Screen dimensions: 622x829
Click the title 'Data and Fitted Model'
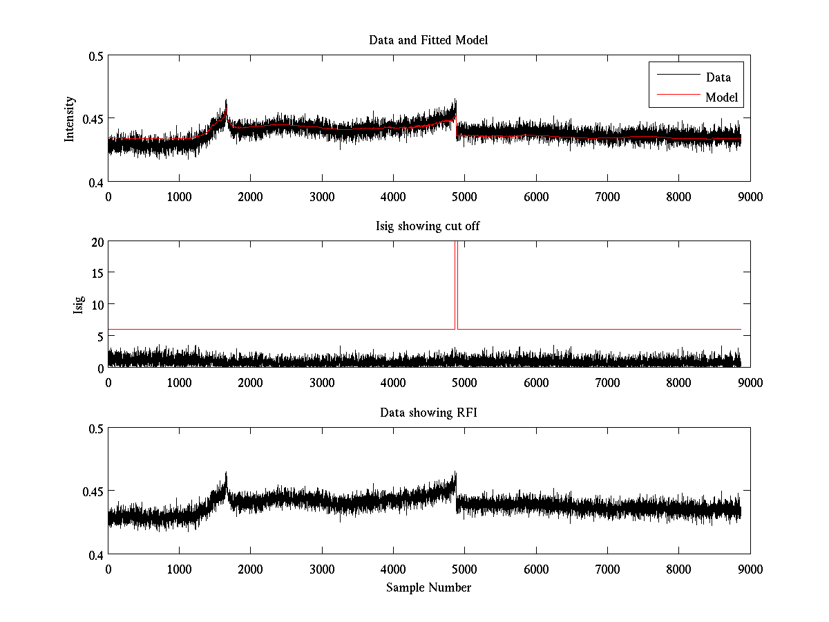pos(428,40)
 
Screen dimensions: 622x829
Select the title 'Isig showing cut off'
pos(428,227)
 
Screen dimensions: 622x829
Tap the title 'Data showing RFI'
pos(428,413)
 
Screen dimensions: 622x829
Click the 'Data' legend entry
pos(718,77)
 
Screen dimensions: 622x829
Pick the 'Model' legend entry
pos(722,97)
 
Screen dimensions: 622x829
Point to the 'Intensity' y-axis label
pos(69,119)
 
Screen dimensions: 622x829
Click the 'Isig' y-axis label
pos(77,305)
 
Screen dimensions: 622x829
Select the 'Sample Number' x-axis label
pos(428,587)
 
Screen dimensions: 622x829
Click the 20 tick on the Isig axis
pos(97,242)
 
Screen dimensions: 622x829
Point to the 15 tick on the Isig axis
pos(97,273)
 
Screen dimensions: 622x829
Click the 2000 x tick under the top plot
pos(251,196)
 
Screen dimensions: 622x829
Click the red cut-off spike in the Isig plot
pos(457,276)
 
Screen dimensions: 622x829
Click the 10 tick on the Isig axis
pos(97,304)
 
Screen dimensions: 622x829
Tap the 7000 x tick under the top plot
pos(607,196)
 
